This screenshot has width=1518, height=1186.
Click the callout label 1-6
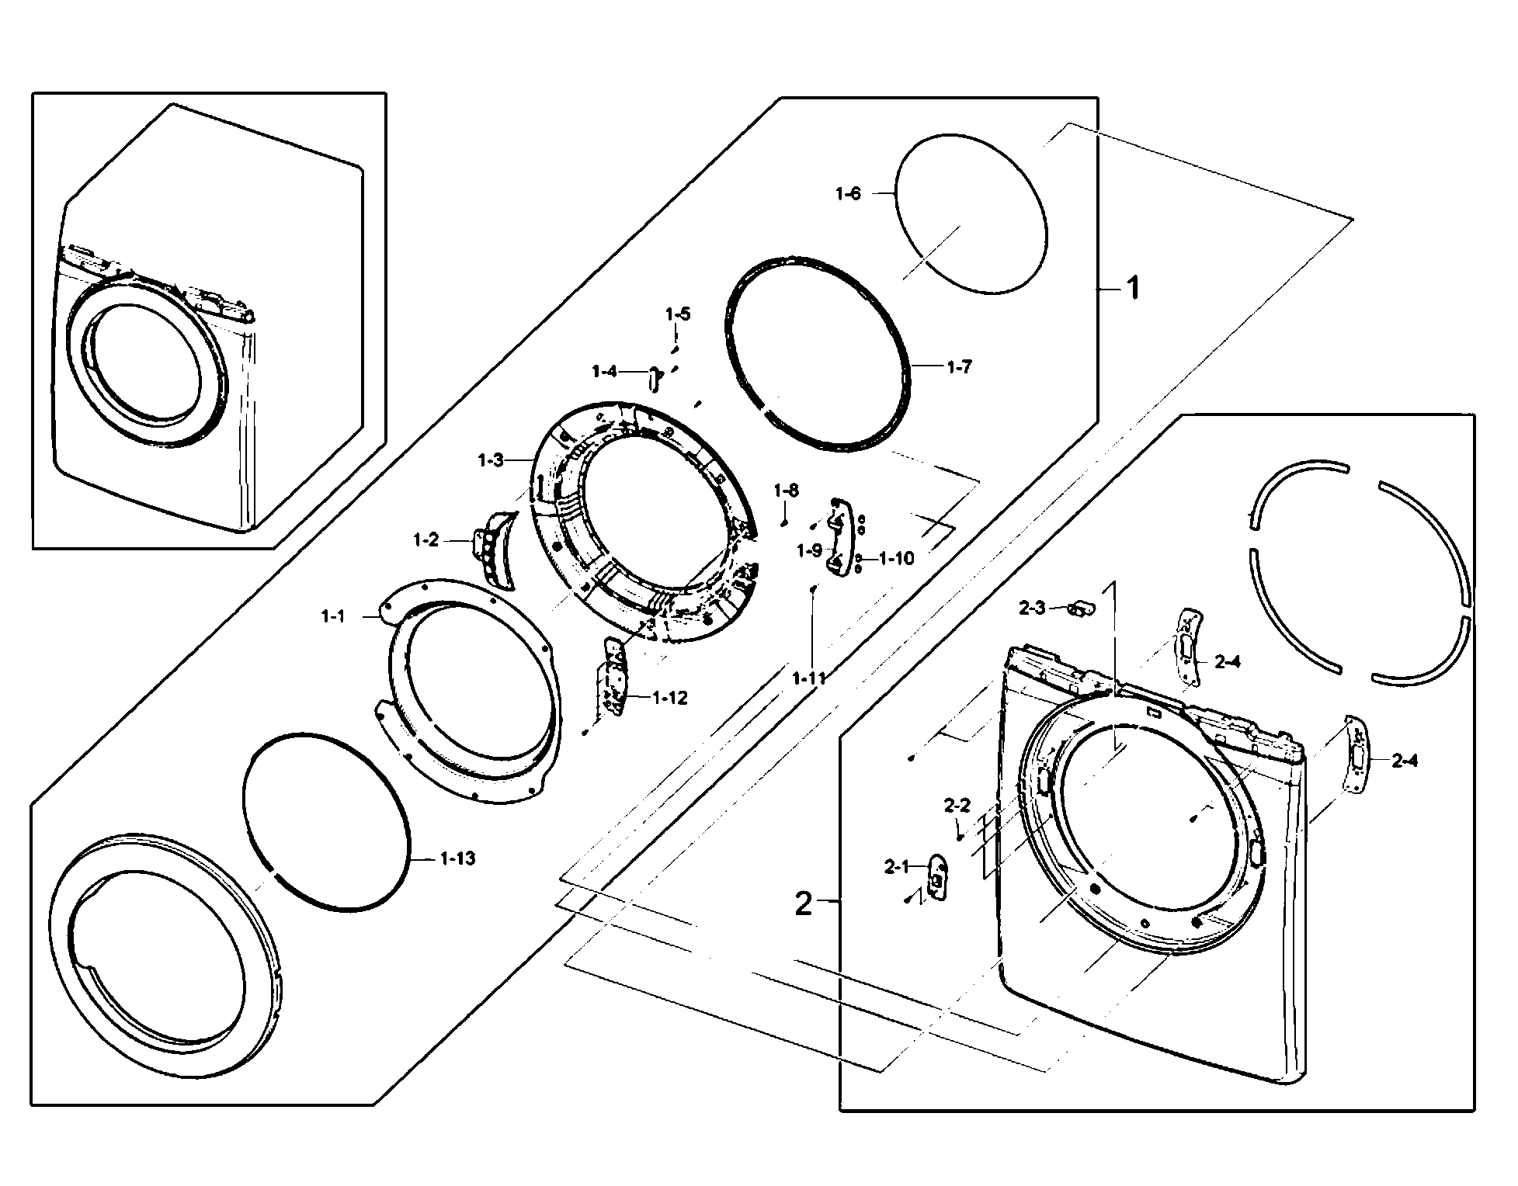[x=848, y=194]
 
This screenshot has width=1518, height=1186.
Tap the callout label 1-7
[x=959, y=367]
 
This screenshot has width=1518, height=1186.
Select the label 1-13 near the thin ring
[x=457, y=858]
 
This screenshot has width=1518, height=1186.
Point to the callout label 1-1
[x=333, y=616]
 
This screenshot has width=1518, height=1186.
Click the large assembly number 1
[x=1133, y=289]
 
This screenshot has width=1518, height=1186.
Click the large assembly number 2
[x=803, y=904]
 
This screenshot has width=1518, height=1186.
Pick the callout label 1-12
[x=669, y=698]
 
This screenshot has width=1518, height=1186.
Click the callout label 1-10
[x=897, y=558]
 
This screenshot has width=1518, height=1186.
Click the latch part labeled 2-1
[x=938, y=879]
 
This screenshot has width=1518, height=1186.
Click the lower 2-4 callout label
[x=1404, y=761]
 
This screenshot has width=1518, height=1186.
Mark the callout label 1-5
[x=677, y=314]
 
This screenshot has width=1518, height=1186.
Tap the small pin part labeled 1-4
[x=654, y=380]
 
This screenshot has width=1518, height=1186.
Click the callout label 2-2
[x=957, y=806]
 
